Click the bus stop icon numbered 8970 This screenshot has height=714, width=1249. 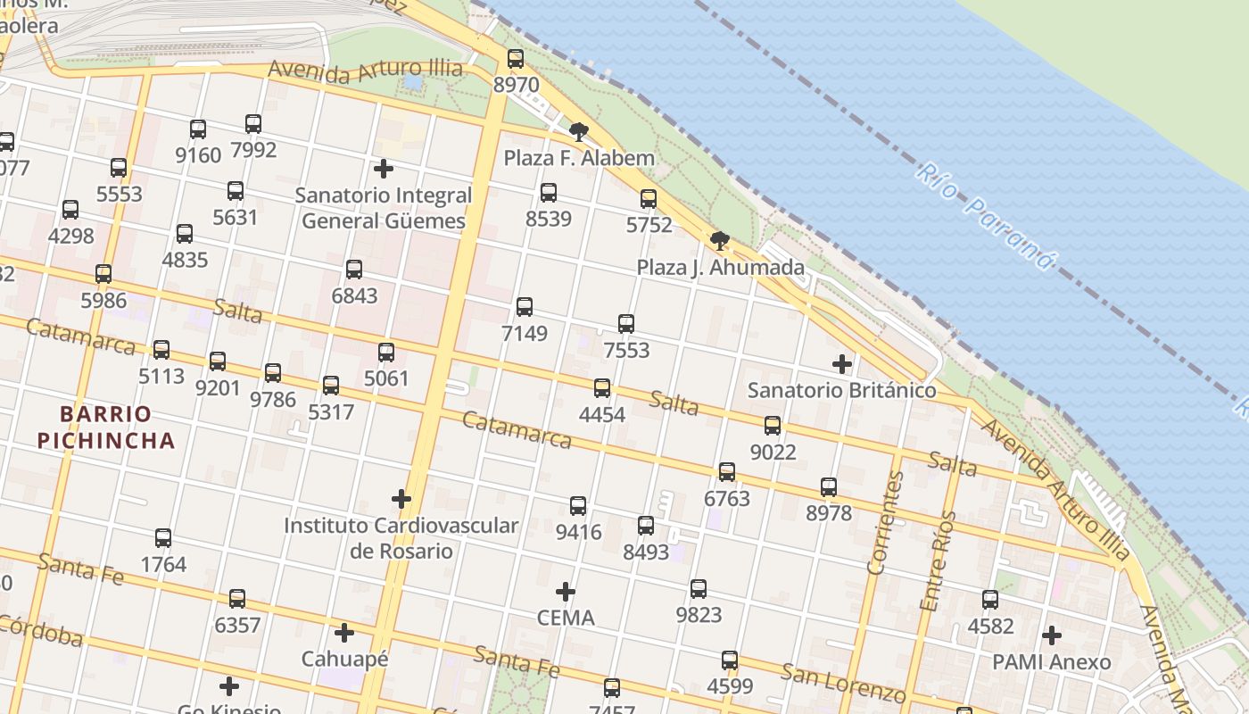(516, 60)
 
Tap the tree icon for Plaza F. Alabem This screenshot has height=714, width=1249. (579, 133)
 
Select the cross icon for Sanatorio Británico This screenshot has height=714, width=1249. (841, 364)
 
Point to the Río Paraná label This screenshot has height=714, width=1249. (985, 215)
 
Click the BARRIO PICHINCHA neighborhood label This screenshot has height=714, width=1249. (118, 428)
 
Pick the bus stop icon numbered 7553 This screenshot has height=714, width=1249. (626, 324)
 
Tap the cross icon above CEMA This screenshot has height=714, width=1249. (566, 592)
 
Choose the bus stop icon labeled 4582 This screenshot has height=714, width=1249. (990, 600)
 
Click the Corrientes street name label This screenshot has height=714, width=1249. (886, 522)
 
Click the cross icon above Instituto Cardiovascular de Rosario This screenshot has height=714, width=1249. (401, 499)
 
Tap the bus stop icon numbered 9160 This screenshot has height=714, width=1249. (198, 129)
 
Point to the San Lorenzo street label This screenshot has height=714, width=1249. (844, 683)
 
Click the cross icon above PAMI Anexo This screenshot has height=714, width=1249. (1052, 635)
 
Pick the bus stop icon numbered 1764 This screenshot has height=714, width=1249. (163, 538)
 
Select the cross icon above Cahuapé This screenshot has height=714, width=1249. (344, 634)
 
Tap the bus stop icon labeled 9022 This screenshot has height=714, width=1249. (773, 426)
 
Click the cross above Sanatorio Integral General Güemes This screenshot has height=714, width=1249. (384, 169)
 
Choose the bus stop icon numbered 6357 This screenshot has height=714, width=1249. (237, 599)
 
